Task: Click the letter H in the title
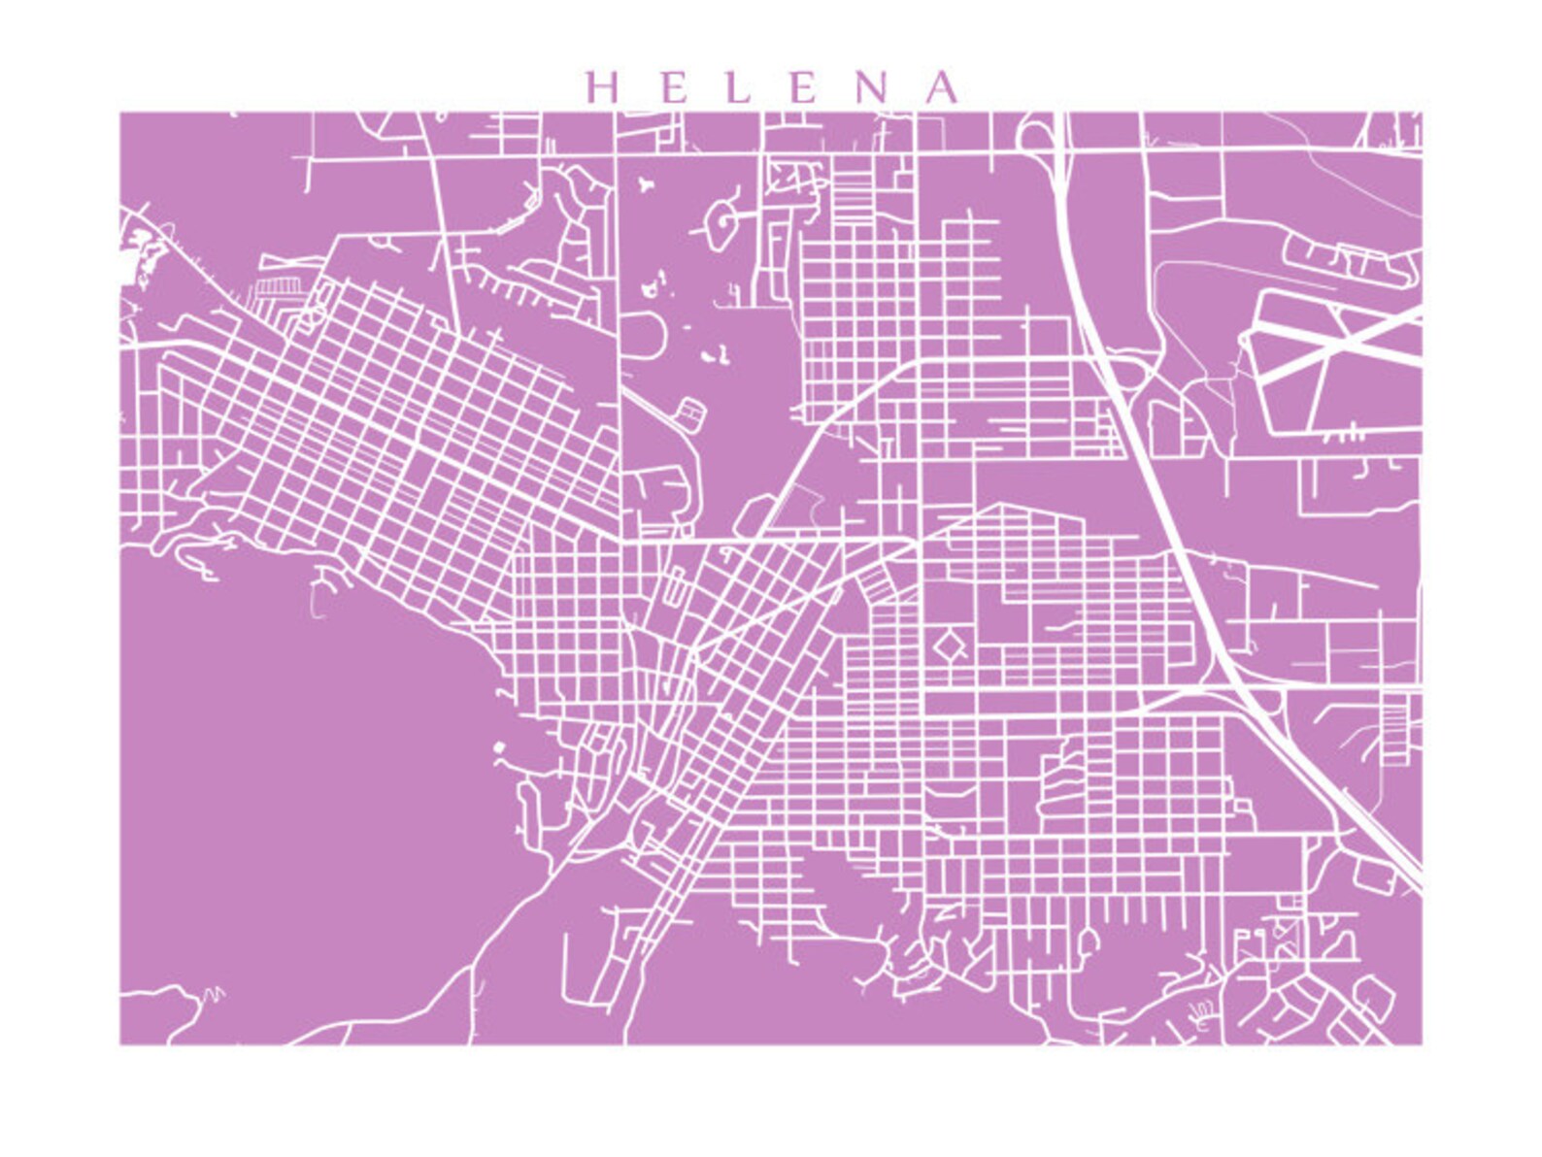coord(603,87)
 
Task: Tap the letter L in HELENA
coord(739,87)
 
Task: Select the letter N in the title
coord(875,87)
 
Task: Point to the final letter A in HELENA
coord(941,87)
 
